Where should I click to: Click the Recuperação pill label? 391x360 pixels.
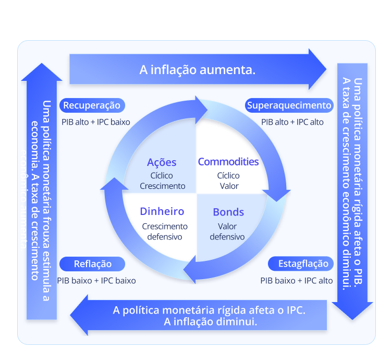click(x=92, y=105)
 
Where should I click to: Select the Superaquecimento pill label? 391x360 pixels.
click(x=289, y=105)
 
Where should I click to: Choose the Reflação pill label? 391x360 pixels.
click(x=92, y=263)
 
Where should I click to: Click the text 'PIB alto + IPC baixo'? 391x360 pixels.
click(x=96, y=122)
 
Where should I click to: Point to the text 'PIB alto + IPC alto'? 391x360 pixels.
click(x=292, y=122)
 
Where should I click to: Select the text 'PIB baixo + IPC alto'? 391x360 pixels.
click(x=297, y=280)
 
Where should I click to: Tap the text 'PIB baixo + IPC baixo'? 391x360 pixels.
click(x=96, y=280)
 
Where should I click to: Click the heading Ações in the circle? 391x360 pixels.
click(x=162, y=162)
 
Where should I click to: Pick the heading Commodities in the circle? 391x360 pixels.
click(x=228, y=162)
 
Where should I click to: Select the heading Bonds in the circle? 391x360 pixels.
click(x=228, y=212)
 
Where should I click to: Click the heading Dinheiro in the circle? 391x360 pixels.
click(x=162, y=211)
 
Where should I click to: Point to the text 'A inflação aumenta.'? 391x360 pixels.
click(x=198, y=69)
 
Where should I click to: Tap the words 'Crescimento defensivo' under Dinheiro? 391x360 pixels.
click(x=165, y=231)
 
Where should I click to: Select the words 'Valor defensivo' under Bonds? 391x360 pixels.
click(x=227, y=231)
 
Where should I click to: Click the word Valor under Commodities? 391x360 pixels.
click(x=228, y=186)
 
